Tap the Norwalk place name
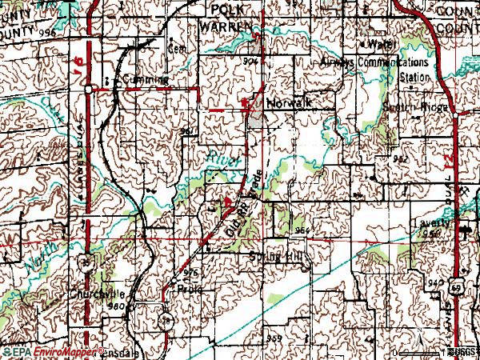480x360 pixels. (x=288, y=103)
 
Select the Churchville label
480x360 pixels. (x=98, y=292)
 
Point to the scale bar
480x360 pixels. (x=424, y=352)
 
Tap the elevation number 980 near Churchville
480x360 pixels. (x=117, y=306)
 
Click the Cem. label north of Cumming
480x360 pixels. (x=175, y=46)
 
